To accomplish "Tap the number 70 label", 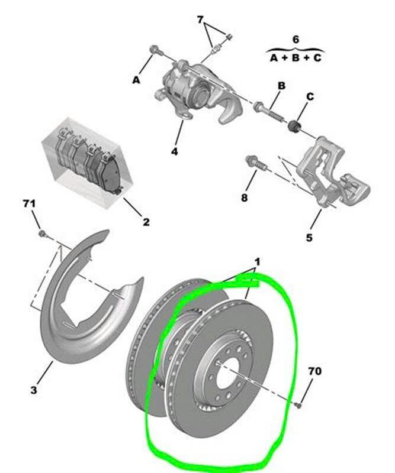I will pos(315,372).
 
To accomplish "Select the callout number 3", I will pos(33,390).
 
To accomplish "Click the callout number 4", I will pos(174,152).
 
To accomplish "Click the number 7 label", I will pos(201,20).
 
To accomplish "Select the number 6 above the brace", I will pos(296,39).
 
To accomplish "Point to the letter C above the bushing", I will pos(310,96).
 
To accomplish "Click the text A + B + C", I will pos(296,59).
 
